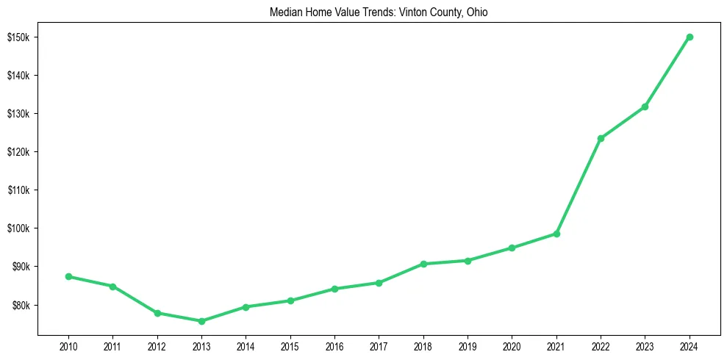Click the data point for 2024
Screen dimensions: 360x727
coord(690,37)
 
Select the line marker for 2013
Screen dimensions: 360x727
coord(201,321)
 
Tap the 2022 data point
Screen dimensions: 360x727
coord(601,138)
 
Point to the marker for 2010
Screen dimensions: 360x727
coord(68,276)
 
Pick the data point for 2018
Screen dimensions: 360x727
coord(423,264)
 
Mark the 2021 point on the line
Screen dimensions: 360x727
coord(556,234)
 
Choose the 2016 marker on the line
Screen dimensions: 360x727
coord(334,289)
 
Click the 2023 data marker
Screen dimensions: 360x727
coord(645,107)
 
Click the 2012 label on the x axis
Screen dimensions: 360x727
coord(157,346)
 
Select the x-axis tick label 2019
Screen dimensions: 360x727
coord(468,346)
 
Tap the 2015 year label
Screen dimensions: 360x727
coord(290,346)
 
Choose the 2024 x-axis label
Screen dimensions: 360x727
coord(690,346)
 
